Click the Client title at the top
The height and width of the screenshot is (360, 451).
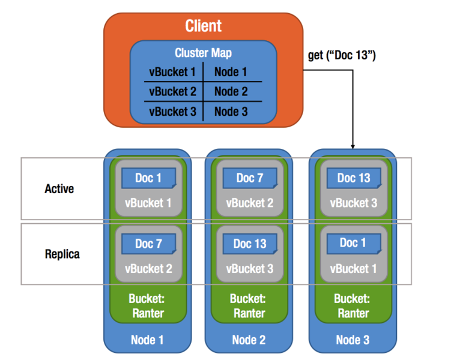tap(203, 26)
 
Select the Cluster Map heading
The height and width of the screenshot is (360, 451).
tap(203, 53)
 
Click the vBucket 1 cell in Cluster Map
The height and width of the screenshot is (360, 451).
tap(172, 72)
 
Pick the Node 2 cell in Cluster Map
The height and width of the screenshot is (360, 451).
tap(231, 91)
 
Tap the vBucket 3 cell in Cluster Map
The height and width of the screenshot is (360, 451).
tap(172, 111)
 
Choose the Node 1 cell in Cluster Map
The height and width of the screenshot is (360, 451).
tap(231, 72)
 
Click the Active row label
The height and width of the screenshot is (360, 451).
tap(59, 189)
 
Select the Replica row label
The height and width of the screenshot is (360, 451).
tap(62, 254)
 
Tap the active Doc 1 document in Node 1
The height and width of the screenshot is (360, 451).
tap(148, 178)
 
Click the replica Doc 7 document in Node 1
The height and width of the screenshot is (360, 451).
tap(148, 243)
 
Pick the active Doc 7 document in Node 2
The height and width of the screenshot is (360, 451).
tap(249, 178)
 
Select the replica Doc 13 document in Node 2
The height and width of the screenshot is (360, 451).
tap(249, 243)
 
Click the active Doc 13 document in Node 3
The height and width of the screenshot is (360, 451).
tap(353, 178)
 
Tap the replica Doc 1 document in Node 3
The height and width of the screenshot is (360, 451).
tap(353, 243)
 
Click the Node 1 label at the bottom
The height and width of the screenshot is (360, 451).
tap(147, 340)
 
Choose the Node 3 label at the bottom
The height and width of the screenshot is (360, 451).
tap(353, 340)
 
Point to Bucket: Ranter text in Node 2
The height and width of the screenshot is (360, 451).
tap(249, 305)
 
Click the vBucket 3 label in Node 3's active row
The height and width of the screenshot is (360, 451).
tap(353, 203)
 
